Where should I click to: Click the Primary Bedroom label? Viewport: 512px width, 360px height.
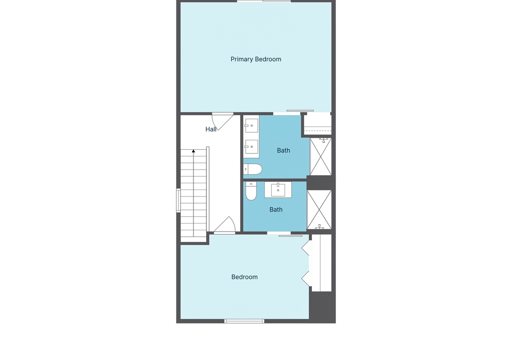pos(256,59)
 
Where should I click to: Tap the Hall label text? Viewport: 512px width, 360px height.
pos(211,129)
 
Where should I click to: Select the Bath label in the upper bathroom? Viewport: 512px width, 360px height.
pos(283,151)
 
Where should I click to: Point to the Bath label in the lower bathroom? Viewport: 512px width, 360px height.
pos(276,209)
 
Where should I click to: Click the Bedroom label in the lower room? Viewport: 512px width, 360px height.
pos(245,277)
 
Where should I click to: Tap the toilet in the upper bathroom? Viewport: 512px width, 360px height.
pos(253,169)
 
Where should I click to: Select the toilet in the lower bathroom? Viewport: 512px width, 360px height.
pos(251,191)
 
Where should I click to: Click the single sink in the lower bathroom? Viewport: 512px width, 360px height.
pos(278,190)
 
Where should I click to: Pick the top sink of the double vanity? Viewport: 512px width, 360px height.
pos(251,126)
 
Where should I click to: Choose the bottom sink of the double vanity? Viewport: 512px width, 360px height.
pos(251,146)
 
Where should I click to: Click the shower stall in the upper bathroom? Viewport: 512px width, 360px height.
pos(320,156)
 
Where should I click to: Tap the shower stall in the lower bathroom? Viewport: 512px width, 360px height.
pos(320,209)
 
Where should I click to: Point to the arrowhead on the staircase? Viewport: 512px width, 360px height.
pos(193,151)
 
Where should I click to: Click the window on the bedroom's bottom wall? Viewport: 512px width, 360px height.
pos(244,321)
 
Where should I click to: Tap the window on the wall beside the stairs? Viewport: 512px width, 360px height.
pos(178,200)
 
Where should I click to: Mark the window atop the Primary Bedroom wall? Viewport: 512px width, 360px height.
pos(264,1)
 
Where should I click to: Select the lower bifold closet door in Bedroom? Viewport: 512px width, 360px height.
pos(306,279)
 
